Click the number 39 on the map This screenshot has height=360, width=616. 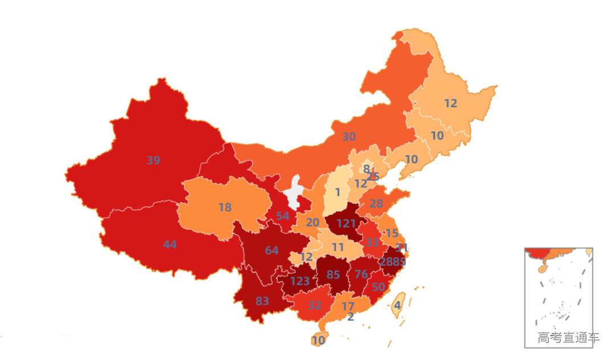click(x=153, y=161)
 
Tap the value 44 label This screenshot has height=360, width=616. click(x=169, y=245)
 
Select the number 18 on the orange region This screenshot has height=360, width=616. click(x=225, y=208)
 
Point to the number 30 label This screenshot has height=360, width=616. click(x=348, y=137)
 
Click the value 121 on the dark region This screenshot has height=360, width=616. click(x=346, y=224)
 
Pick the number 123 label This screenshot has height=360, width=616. click(x=299, y=281)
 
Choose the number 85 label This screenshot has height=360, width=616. click(x=333, y=275)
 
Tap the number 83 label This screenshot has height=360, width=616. click(x=262, y=301)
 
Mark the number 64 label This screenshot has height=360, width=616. click(x=271, y=250)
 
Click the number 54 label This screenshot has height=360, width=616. click(x=282, y=216)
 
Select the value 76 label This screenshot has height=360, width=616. click(x=361, y=274)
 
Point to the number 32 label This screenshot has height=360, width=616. click(x=314, y=305)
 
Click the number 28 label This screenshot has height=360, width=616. click(x=376, y=204)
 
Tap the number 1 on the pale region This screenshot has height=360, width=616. click(x=337, y=193)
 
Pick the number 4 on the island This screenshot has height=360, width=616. click(x=397, y=305)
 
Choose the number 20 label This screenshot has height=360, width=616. click(x=313, y=223)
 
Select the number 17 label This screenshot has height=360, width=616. click(x=347, y=306)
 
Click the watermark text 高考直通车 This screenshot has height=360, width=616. click(x=568, y=338)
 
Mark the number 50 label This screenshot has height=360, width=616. click(x=378, y=287)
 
